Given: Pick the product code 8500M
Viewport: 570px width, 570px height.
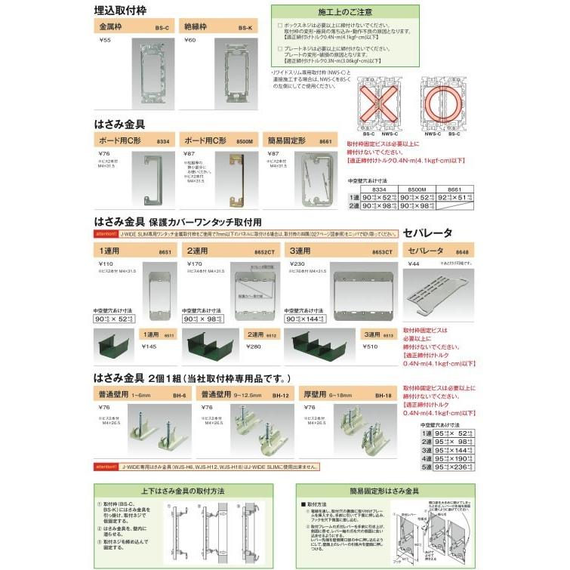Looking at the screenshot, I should (243, 140).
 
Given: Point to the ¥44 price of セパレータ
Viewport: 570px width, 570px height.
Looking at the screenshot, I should (413, 263).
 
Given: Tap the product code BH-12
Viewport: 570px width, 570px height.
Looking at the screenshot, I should (280, 394).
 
